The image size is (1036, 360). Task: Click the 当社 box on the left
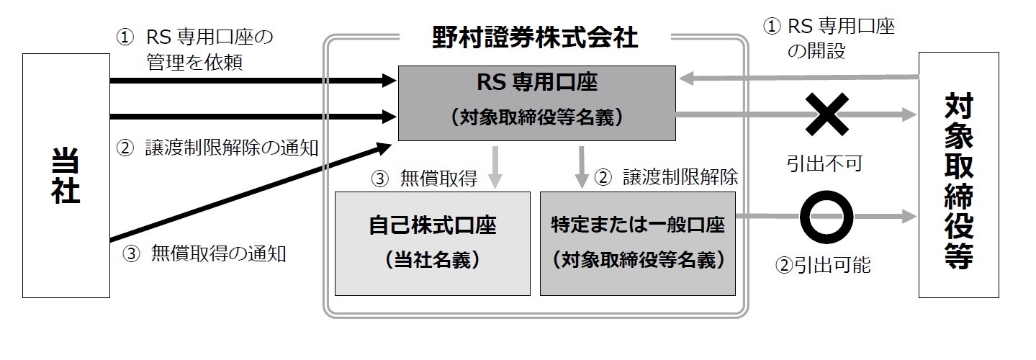[x=66, y=175]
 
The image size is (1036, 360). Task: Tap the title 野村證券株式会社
[x=535, y=37]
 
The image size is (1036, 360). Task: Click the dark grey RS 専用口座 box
[x=536, y=102]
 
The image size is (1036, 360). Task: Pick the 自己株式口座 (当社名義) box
[x=432, y=243]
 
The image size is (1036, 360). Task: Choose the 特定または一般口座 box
[x=637, y=243]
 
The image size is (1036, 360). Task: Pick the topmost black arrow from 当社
[x=252, y=81]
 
